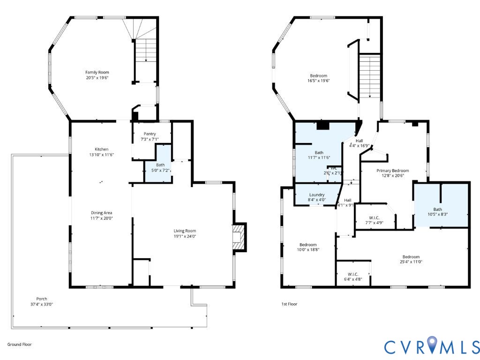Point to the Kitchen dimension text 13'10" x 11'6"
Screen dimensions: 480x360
101,155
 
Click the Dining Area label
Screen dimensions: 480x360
101,213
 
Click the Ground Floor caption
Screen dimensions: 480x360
20,345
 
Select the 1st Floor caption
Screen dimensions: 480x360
289,304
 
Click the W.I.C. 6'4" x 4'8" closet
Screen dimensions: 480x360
353,273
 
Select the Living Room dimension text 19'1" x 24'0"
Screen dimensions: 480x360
185,236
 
